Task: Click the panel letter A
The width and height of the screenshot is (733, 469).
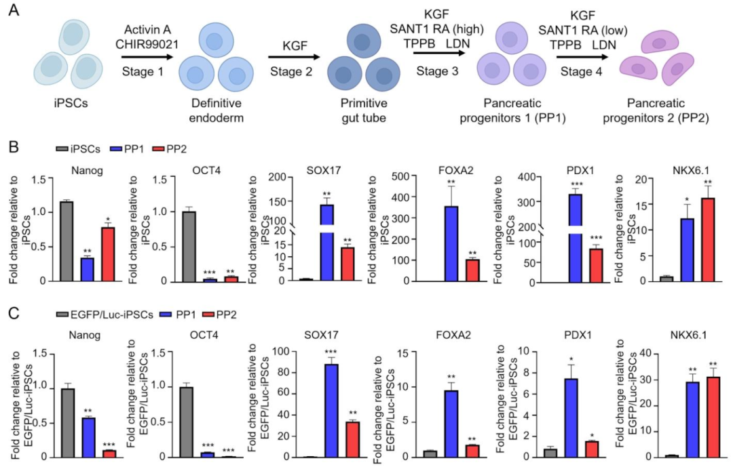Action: pyautogui.click(x=15, y=12)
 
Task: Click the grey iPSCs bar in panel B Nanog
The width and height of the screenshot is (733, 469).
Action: pyautogui.click(x=66, y=241)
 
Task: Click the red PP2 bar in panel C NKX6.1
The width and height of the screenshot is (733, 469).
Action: pyautogui.click(x=713, y=417)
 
